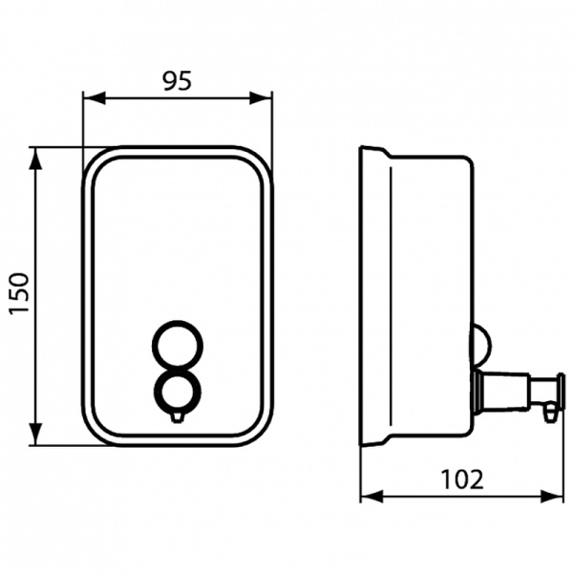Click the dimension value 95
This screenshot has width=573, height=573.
click(178, 80)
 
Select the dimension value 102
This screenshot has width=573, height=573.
click(462, 478)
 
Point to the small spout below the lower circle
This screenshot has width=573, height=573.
click(178, 415)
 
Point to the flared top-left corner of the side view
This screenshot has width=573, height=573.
click(365, 151)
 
